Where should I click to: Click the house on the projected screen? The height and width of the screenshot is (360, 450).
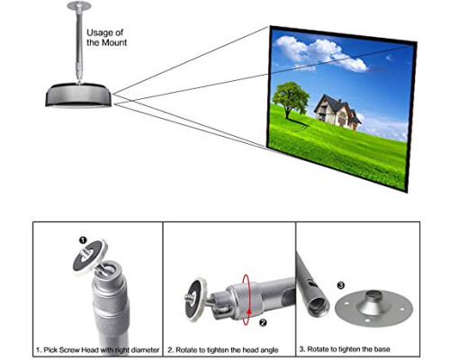click(337, 112)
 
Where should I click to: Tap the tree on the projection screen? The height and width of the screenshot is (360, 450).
click(290, 100)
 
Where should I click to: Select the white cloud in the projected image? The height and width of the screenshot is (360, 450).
click(320, 54)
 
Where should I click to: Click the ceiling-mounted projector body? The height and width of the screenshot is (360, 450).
click(78, 94)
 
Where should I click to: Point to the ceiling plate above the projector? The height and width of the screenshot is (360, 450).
click(78, 5)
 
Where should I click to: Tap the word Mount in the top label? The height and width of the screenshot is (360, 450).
click(115, 42)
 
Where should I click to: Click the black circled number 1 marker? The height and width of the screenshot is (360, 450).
click(83, 240)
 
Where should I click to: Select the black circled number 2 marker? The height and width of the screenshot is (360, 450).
click(263, 322)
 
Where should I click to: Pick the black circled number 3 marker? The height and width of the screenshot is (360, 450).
click(341, 285)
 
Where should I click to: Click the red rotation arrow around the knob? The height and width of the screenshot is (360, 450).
click(247, 300)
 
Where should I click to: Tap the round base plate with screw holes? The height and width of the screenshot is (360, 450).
click(373, 307)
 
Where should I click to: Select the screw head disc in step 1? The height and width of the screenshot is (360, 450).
click(90, 257)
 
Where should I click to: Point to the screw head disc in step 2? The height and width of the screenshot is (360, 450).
click(196, 300)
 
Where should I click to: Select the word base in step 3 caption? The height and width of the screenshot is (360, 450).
click(382, 349)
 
